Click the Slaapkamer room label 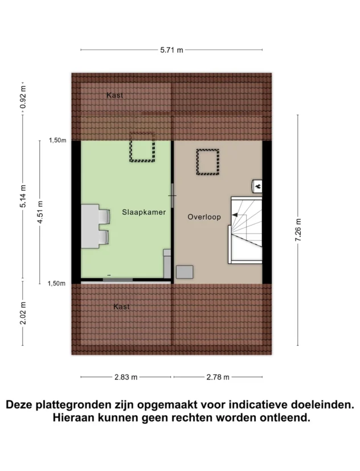pos(144,212)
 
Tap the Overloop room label pos(204,217)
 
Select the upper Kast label pos(114,95)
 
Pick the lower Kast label pos(121,306)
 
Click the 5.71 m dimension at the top pos(171,50)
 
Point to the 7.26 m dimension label pos(298,230)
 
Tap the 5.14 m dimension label pos(23,196)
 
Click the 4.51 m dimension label pos(40,212)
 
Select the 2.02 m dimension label pos(23,313)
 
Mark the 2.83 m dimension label pos(125,377)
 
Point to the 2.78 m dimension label pos(218,377)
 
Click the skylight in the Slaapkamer pos(142,148)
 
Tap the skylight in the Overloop pos(208,162)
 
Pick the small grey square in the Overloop pos(185,272)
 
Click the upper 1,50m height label pos(57,140)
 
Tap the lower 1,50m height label pos(57,283)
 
